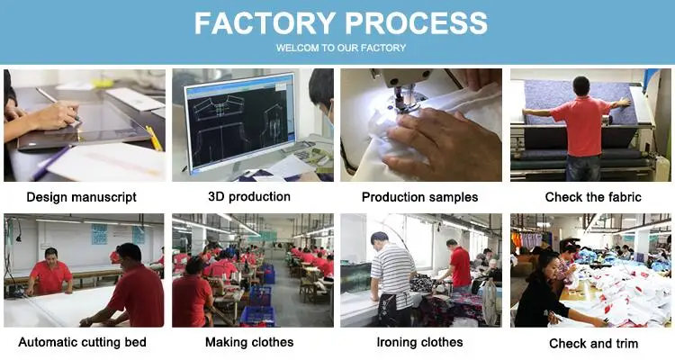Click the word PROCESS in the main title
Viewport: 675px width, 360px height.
click(410, 23)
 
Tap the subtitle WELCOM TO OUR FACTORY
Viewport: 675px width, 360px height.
click(340, 48)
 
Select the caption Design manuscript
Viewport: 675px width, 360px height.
click(82, 196)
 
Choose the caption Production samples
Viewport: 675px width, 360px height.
click(419, 196)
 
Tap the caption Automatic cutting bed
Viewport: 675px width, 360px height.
click(82, 342)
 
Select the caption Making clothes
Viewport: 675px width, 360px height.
click(249, 342)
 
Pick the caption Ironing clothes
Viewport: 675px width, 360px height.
click(419, 342)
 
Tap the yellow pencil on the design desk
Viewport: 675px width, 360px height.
click(154, 138)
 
